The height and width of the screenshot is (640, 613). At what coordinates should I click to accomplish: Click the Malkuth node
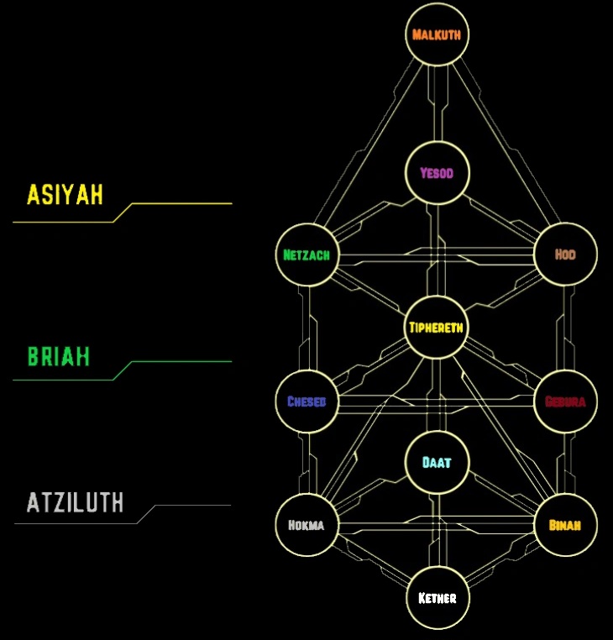(x=437, y=35)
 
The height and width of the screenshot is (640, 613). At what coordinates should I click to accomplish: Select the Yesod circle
(x=437, y=174)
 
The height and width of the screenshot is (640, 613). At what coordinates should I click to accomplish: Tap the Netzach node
(x=307, y=255)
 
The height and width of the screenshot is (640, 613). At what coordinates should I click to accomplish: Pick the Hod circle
(x=565, y=254)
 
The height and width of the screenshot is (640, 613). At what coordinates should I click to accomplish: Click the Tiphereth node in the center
(x=437, y=328)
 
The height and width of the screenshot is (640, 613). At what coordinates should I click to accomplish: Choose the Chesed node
(x=307, y=401)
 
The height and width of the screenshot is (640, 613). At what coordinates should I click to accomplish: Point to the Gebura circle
(x=565, y=401)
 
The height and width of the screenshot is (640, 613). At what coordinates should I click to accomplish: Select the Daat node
(x=437, y=463)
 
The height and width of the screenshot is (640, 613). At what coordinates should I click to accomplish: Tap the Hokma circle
(x=307, y=526)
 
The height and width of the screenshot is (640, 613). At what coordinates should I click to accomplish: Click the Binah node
(x=565, y=526)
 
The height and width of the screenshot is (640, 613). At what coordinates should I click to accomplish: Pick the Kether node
(x=437, y=598)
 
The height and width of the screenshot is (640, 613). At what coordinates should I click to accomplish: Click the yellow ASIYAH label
(x=65, y=195)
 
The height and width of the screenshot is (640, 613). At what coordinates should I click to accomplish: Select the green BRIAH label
(x=59, y=357)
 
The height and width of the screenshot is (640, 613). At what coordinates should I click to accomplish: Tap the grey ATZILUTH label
(x=76, y=503)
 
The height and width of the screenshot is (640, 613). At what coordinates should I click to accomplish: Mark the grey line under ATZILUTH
(x=189, y=506)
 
